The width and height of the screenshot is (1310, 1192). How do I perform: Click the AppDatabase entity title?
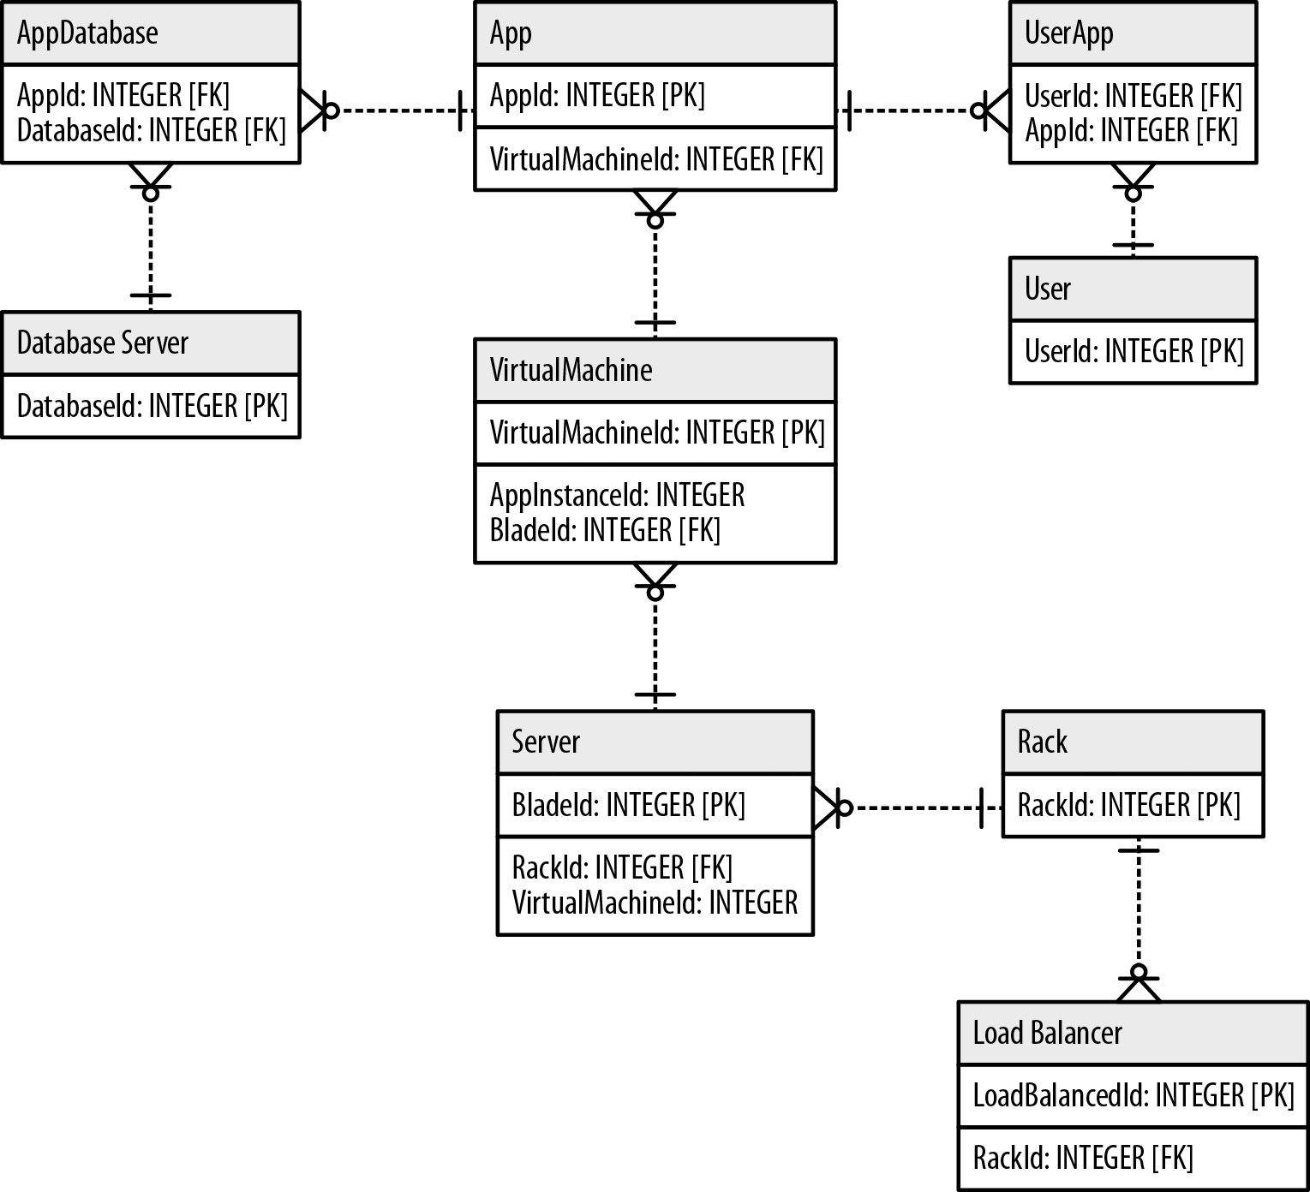point(87,33)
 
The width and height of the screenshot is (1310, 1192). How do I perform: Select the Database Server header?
point(102,343)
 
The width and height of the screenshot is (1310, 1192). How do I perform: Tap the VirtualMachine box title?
point(571,371)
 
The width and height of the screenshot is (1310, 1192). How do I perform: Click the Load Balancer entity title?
point(1047,1034)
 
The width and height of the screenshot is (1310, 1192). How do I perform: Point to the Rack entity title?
point(1042,742)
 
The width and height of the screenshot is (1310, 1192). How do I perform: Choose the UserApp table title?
point(1068,33)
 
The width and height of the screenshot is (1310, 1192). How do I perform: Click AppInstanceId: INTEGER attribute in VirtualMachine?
point(617,496)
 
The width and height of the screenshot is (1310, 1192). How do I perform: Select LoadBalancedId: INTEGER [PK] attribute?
point(1133,1096)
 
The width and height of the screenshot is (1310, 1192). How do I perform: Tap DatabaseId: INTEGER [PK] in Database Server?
point(152,406)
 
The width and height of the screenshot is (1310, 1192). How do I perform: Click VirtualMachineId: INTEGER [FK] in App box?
point(655,159)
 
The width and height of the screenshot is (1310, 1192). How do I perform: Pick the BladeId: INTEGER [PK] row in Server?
point(628,806)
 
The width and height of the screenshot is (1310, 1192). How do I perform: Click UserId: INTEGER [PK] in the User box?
point(1133,351)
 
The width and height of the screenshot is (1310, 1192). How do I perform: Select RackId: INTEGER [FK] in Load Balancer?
point(1082,1159)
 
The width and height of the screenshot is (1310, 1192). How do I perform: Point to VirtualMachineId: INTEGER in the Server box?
point(655,903)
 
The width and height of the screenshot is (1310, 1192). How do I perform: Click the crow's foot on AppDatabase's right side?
point(314,110)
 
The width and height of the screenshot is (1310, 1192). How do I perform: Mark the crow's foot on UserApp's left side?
point(994,110)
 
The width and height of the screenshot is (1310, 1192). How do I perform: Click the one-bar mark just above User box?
point(1133,246)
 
